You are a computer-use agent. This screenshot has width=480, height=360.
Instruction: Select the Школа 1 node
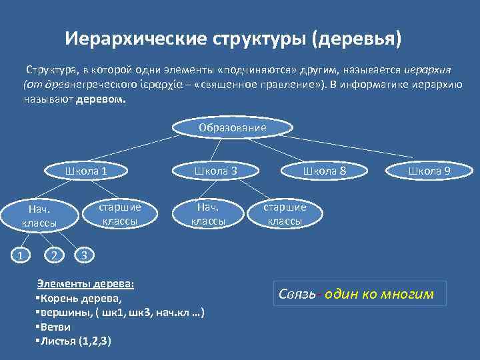(x=87, y=171)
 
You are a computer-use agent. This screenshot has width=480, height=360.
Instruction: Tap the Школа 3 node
(x=215, y=171)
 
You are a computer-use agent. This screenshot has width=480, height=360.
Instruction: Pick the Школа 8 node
(x=325, y=171)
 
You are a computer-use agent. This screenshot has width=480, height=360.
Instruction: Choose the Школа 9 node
(x=429, y=171)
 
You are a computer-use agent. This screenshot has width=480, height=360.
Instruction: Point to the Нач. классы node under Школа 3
(x=208, y=213)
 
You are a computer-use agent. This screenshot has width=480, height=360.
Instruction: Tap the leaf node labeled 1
(x=21, y=253)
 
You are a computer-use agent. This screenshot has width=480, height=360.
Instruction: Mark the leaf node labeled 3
(x=82, y=253)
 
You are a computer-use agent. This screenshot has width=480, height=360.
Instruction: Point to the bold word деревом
(x=101, y=98)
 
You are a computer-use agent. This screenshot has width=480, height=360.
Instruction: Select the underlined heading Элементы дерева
(x=85, y=283)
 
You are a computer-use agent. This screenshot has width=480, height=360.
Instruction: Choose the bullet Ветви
(x=53, y=327)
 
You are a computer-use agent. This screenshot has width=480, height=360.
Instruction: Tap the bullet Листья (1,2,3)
(x=73, y=341)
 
